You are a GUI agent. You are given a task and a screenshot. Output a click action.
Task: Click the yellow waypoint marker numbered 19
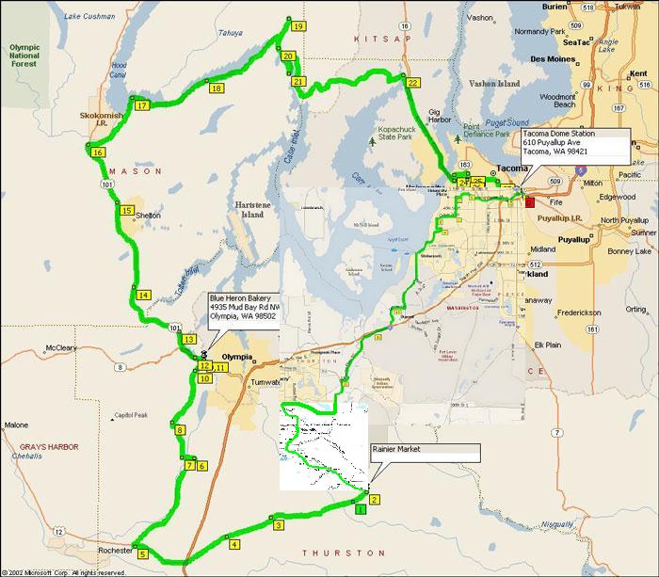click(x=297, y=26)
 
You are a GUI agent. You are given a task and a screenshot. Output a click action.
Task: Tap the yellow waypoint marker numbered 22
click(x=412, y=83)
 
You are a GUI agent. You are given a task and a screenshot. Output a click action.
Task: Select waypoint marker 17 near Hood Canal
click(x=142, y=105)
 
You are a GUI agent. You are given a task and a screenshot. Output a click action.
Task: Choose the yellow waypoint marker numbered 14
click(x=143, y=296)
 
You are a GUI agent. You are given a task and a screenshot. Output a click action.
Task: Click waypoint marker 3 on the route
click(x=279, y=525)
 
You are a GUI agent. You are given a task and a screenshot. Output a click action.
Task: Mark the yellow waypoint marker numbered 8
click(x=181, y=431)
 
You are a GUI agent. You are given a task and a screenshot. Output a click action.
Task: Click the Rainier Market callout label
click(x=425, y=450)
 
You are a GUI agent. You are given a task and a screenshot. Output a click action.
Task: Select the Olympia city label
click(x=238, y=357)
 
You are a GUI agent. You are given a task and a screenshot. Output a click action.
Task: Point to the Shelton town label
click(x=148, y=216)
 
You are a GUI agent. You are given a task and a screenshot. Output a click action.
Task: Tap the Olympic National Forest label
click(x=27, y=54)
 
